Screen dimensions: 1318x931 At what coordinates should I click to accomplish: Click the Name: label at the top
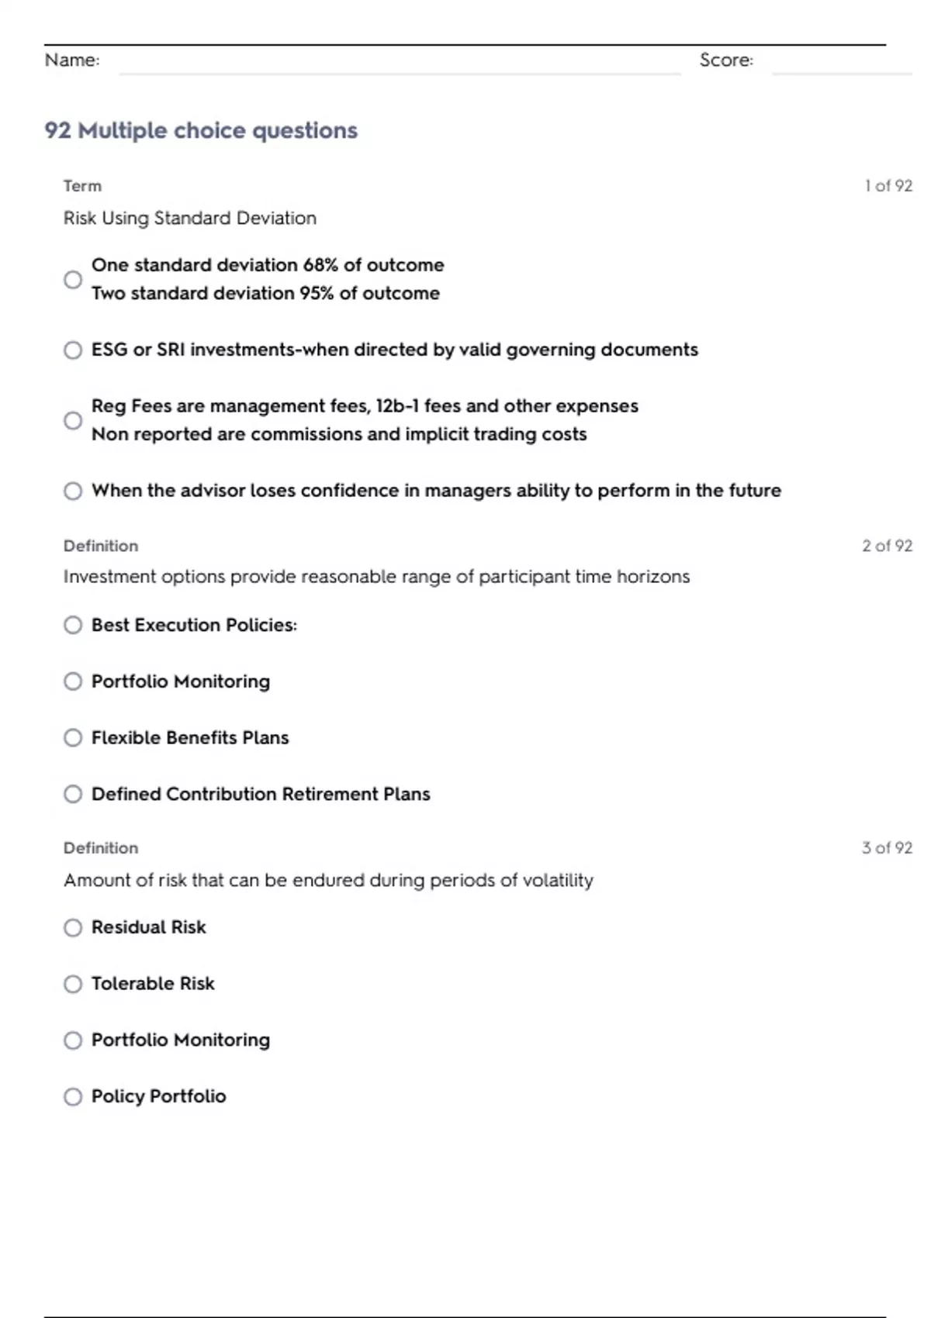tap(72, 60)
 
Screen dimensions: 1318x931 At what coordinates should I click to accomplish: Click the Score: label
tap(726, 60)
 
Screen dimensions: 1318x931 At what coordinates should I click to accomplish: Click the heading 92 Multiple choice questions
tap(201, 130)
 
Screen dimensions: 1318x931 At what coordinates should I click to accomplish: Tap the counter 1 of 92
tap(888, 186)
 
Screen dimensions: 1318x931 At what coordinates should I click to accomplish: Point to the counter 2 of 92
tap(887, 546)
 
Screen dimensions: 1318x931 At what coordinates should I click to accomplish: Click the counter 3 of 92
tap(887, 847)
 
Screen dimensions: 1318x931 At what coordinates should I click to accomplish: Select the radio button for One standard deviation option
tap(73, 279)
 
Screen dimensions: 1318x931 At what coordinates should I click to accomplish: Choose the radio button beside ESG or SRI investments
tap(73, 350)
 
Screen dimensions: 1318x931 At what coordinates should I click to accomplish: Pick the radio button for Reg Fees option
tap(73, 420)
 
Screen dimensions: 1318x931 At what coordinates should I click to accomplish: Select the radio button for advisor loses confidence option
tap(73, 491)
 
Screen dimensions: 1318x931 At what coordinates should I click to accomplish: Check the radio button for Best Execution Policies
tap(73, 625)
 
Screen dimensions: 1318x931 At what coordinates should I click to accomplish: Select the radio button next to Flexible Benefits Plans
tap(73, 737)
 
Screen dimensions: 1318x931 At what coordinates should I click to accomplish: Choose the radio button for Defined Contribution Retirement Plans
tap(73, 794)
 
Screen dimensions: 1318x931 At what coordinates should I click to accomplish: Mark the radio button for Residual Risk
tap(73, 927)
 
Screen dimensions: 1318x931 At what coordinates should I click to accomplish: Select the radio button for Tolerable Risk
tap(73, 984)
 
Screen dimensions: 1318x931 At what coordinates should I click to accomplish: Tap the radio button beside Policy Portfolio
tap(73, 1096)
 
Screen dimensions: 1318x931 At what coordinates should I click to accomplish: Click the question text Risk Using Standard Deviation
tap(190, 218)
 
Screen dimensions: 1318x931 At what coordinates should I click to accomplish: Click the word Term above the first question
tap(82, 186)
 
